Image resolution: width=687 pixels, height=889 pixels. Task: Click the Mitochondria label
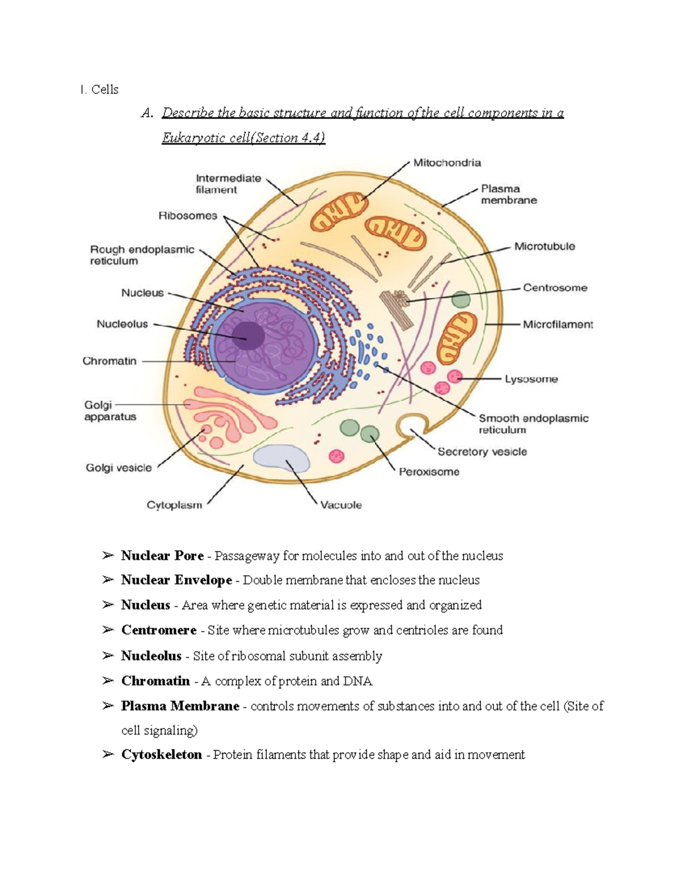click(x=447, y=163)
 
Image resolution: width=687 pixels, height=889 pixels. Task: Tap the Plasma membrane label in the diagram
click(x=508, y=194)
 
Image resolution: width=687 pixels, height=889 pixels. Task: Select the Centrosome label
click(x=555, y=287)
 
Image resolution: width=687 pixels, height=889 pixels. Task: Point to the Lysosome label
click(x=531, y=379)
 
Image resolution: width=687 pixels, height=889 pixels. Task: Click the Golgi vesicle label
click(x=119, y=468)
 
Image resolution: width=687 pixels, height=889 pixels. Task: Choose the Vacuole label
click(x=341, y=505)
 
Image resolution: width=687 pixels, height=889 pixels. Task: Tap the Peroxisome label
click(x=429, y=472)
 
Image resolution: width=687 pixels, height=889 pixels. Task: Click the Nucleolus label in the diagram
click(x=122, y=324)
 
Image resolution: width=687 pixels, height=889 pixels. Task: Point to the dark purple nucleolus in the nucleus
click(x=247, y=334)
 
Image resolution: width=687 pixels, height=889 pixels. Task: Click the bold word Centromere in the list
click(x=159, y=630)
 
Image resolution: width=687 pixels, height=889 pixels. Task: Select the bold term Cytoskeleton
click(x=161, y=754)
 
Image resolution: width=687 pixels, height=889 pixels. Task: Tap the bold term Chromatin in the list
click(x=155, y=681)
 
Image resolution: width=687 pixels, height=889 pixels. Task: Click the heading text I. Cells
click(x=100, y=89)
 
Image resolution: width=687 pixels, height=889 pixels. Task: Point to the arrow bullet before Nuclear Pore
click(x=108, y=555)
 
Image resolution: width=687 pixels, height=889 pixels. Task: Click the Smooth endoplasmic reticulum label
click(x=533, y=424)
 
